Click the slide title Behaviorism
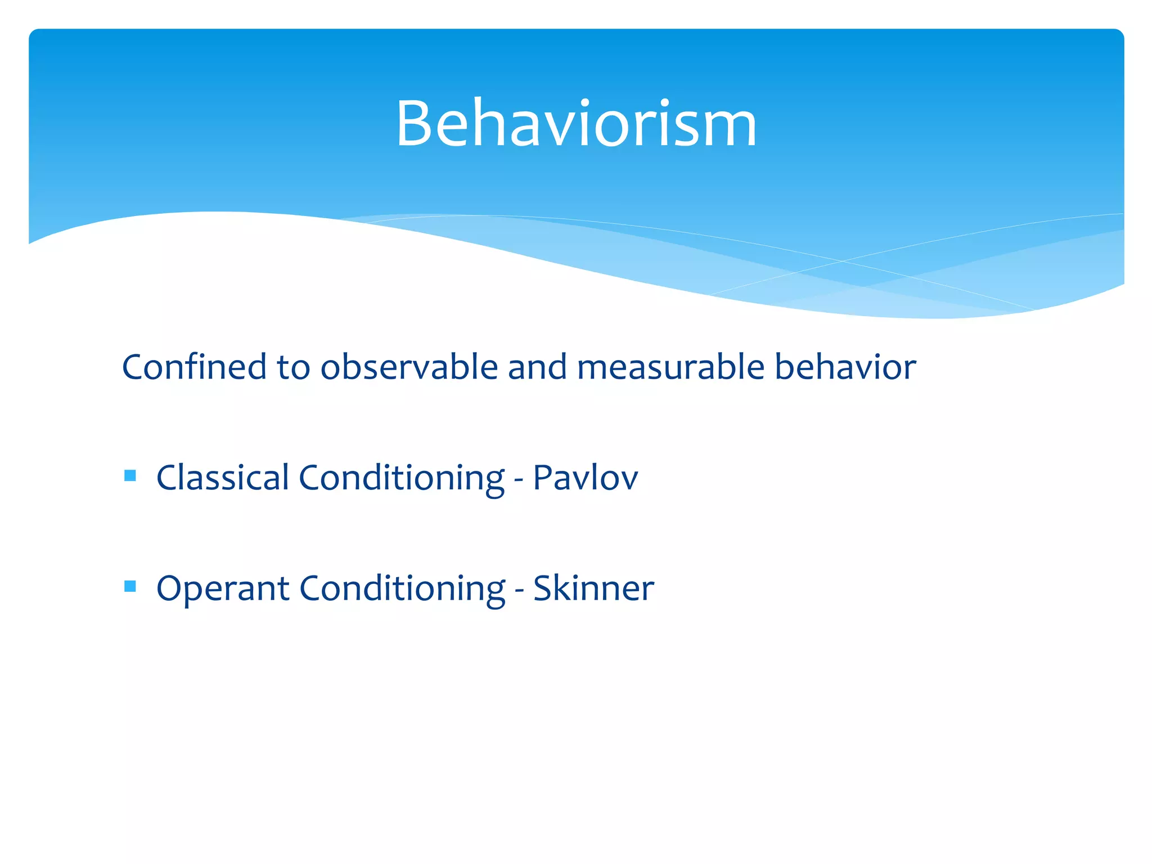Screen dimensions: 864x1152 point(576,124)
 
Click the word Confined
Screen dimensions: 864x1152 point(194,367)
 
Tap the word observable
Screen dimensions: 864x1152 point(409,367)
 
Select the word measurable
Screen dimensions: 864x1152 point(670,367)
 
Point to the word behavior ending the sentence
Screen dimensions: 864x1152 point(845,367)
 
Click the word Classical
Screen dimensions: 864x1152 point(222,478)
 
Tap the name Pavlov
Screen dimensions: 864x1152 point(585,478)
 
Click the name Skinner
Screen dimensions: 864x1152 point(593,589)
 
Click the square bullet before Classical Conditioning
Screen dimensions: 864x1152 point(130,476)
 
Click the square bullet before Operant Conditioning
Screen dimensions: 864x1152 point(130,587)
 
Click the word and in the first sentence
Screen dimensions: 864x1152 point(537,367)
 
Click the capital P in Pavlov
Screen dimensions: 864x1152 point(543,478)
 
